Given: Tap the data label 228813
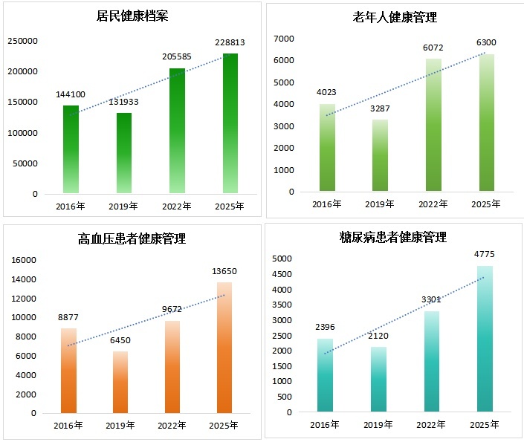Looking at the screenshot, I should pos(230,43).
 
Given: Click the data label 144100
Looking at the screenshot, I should pos(71,94).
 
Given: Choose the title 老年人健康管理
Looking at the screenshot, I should pos(395,17).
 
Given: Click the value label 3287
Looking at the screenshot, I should pos(381,108).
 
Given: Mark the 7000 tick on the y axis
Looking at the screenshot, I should pos(284,38).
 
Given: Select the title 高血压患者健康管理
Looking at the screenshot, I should pos(132,238).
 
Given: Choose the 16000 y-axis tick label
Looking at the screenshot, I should pos(25,260).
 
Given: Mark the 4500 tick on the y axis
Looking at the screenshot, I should pos(282,274).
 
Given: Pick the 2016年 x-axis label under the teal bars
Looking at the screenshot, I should pos(325,425).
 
